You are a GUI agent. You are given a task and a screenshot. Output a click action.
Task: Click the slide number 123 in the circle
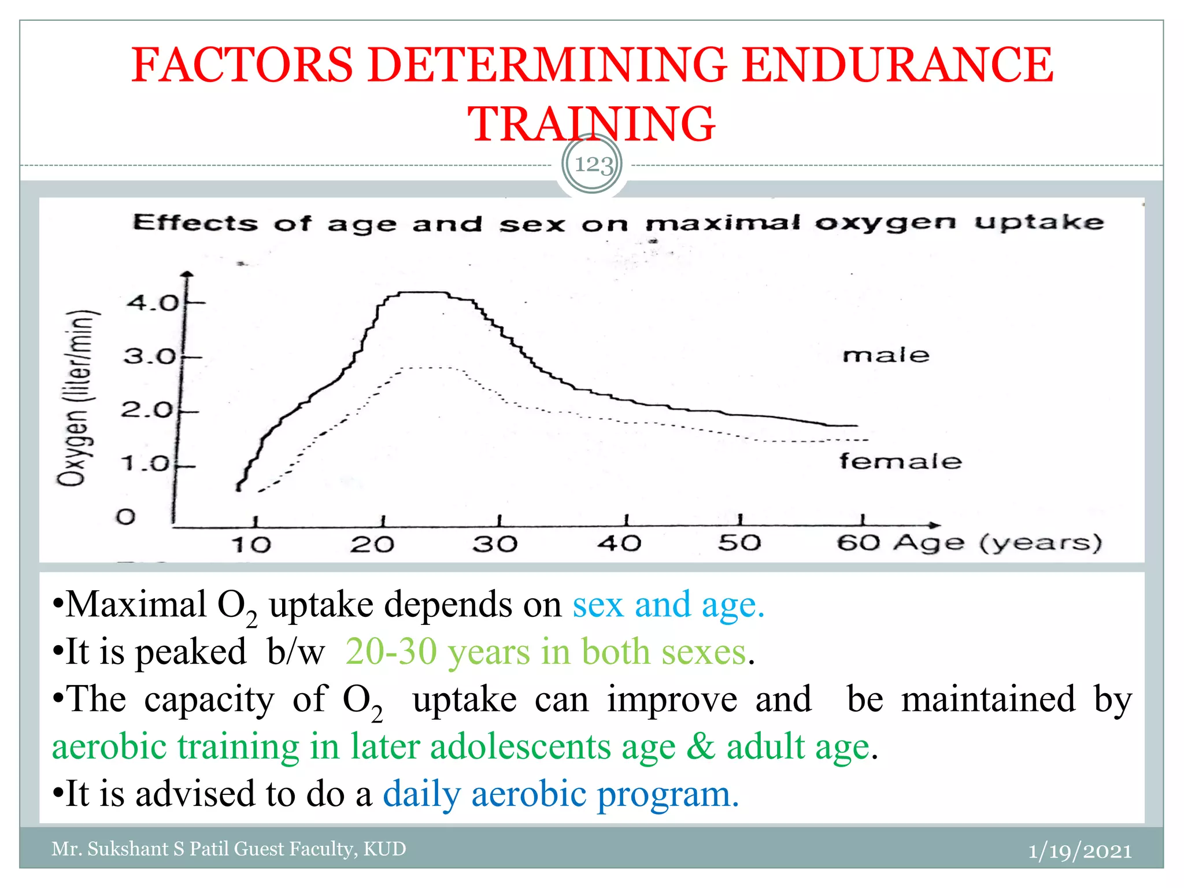593,165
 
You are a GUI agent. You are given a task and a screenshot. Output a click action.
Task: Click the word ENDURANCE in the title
897,65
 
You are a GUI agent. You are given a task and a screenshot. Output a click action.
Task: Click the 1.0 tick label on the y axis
145,464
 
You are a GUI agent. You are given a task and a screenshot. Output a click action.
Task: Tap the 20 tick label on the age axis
372,544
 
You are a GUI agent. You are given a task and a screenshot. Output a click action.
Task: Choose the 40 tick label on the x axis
619,543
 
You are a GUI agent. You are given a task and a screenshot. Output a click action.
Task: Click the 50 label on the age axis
739,542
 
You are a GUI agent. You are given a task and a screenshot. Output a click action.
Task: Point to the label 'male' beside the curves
885,355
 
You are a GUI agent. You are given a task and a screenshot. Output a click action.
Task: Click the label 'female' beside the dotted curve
900,461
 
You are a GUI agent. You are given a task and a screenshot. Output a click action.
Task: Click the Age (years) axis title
997,542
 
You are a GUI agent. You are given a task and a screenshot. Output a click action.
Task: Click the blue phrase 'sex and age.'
668,605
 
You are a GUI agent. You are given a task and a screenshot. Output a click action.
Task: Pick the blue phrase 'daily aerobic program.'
560,794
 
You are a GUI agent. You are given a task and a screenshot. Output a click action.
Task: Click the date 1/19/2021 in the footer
1079,850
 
